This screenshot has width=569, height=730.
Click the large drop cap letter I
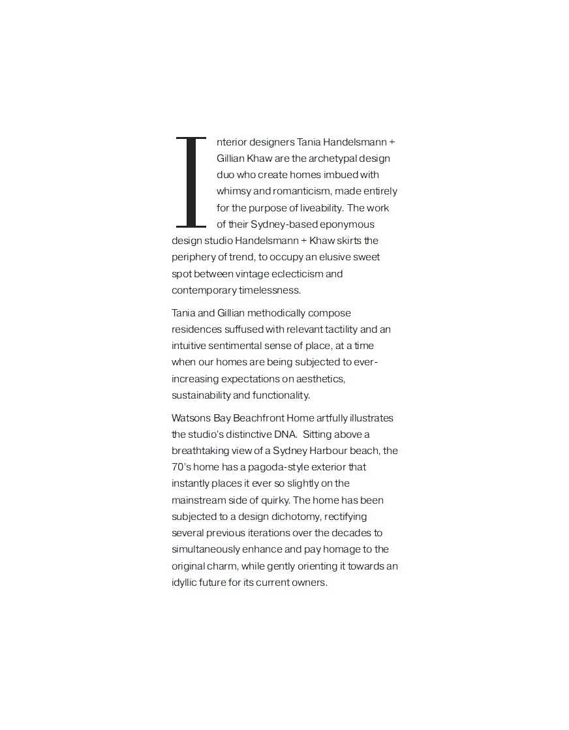click(191, 182)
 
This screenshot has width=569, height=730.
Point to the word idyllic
click(185, 583)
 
